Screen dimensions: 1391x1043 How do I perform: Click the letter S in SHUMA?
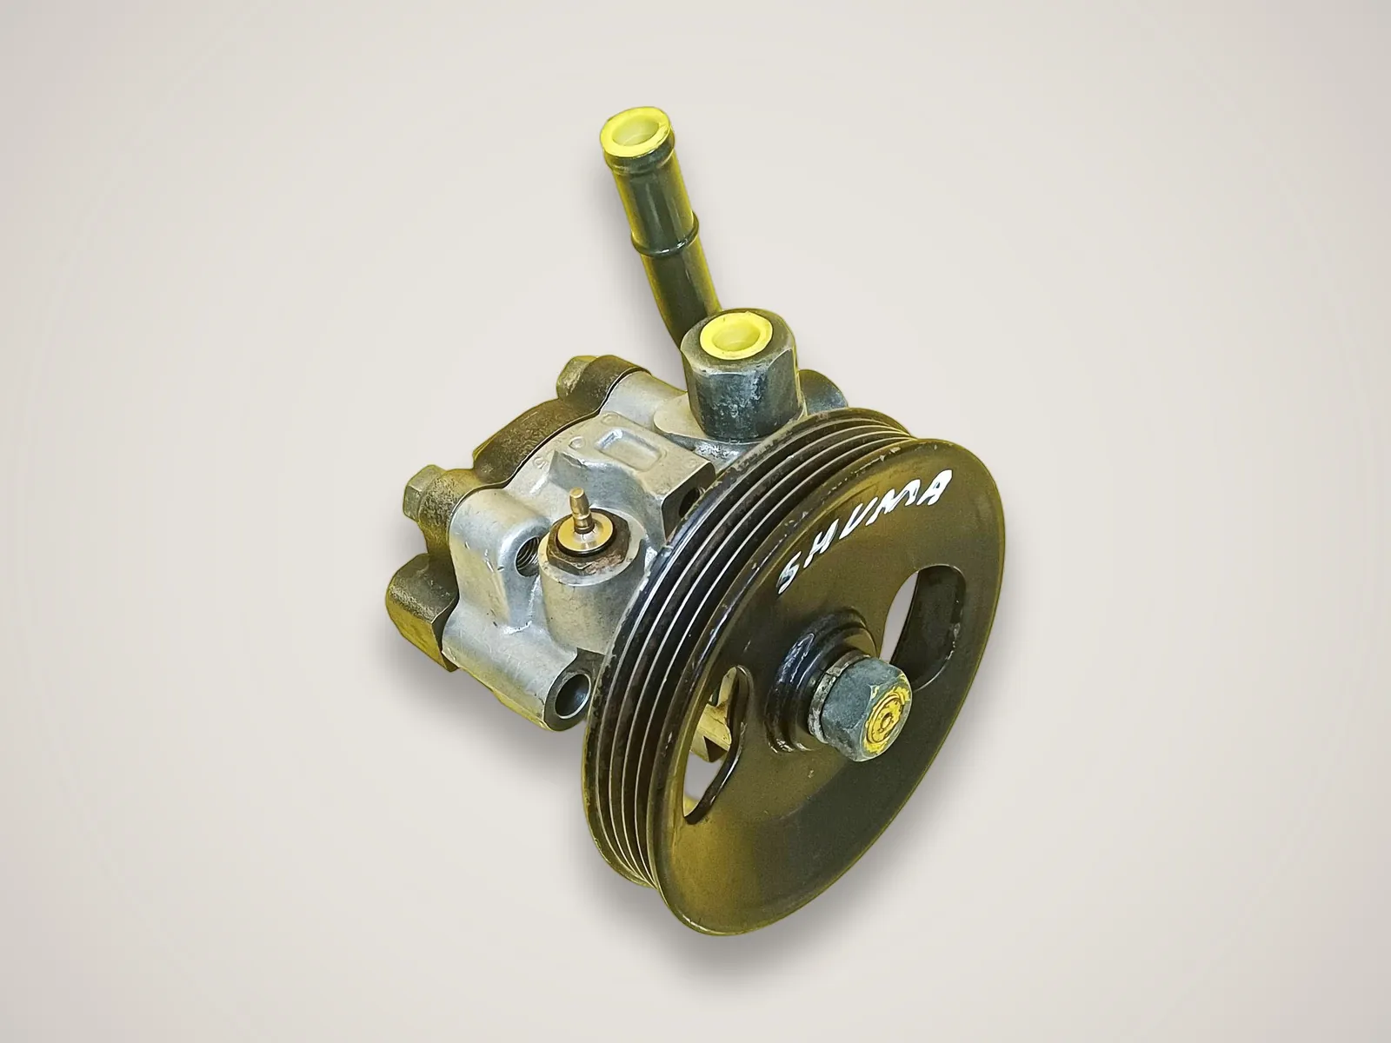pos(796,569)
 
